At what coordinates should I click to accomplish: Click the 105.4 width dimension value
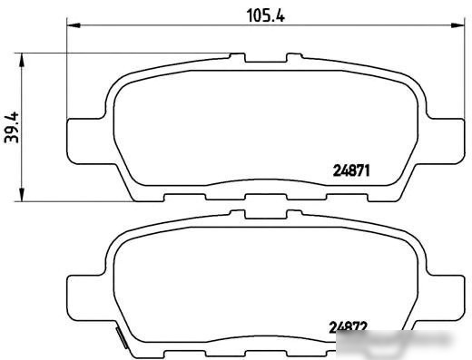(x=266, y=15)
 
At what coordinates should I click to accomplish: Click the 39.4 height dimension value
(x=12, y=128)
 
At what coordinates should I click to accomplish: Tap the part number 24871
(x=351, y=170)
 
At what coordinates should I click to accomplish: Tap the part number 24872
(x=349, y=326)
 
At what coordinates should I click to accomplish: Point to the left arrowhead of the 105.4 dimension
(x=74, y=25)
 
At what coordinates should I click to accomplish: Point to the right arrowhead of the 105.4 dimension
(x=457, y=25)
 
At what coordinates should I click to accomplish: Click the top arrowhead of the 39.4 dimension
(x=22, y=60)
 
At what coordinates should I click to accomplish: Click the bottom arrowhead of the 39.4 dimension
(x=22, y=194)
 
